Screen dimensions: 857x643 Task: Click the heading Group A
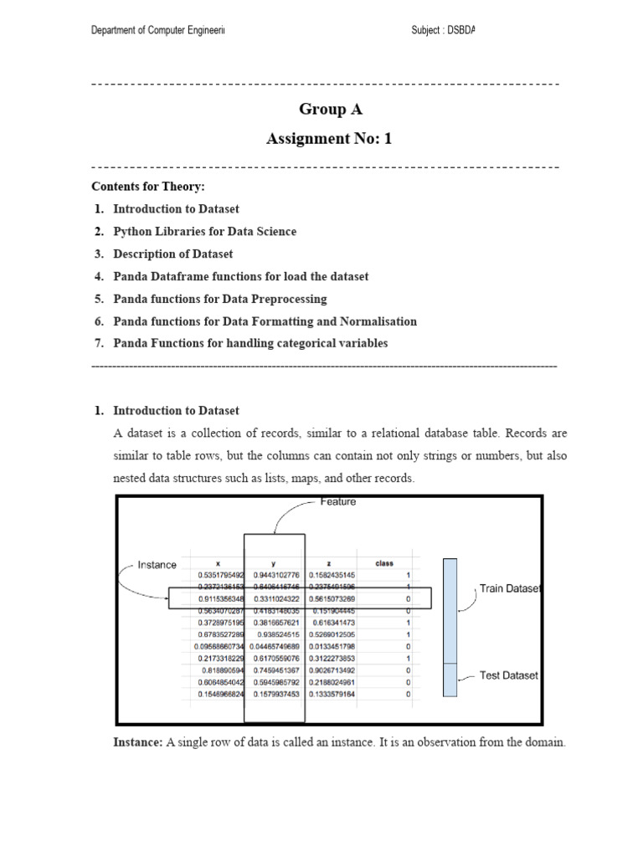331,110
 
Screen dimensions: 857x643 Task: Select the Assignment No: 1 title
329,139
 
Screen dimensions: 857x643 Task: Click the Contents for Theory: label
148,186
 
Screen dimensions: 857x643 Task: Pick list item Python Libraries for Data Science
204,231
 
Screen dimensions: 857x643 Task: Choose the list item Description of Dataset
173,254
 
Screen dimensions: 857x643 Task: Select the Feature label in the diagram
338,502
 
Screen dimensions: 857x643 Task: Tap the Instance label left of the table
157,565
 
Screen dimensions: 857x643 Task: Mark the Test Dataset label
509,675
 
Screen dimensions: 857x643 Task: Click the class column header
384,563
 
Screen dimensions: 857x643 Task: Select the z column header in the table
332,563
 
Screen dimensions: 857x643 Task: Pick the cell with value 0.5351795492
221,575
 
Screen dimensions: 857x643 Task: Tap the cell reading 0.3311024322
275,598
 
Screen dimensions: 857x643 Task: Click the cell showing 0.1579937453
275,694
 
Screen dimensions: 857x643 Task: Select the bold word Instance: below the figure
137,742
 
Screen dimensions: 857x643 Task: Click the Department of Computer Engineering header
158,31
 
